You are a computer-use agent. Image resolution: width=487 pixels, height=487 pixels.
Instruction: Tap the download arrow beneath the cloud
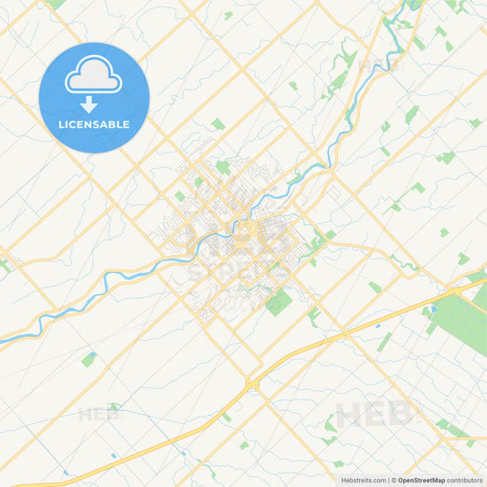(89, 103)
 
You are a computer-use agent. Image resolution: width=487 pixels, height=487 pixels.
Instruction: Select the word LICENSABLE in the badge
(93, 124)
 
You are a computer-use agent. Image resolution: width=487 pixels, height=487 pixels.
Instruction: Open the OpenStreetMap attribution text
(420, 480)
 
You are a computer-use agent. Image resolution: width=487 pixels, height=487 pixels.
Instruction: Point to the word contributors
(465, 480)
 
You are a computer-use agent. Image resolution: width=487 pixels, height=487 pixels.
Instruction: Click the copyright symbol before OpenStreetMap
(392, 480)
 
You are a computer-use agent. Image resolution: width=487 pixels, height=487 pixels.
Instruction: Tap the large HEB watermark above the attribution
(376, 416)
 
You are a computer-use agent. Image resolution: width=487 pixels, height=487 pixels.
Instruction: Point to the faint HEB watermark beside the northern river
(380, 66)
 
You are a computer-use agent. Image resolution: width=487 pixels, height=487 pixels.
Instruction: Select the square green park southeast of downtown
(279, 302)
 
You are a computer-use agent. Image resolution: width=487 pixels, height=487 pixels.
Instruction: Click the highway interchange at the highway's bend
(251, 385)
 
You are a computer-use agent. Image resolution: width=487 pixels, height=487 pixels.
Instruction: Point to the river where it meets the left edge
(3, 340)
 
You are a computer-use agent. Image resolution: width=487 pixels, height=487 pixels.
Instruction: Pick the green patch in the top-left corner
(57, 4)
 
